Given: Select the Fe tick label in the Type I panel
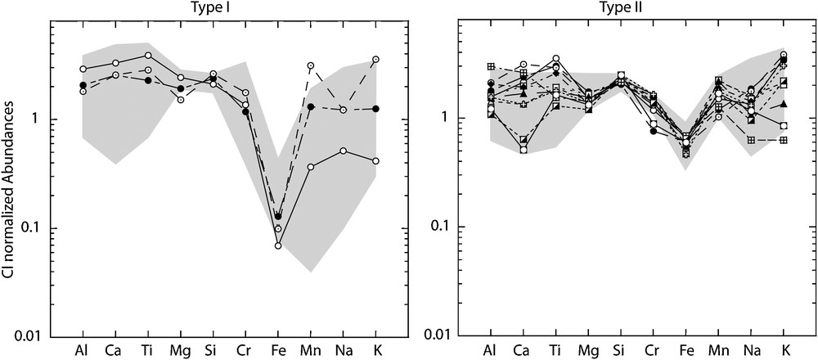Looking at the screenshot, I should coord(278,350).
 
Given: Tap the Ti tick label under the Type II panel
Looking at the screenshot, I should coord(555,350).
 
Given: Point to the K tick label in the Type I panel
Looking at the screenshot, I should coord(376,350).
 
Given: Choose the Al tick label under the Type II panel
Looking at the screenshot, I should coord(490,350).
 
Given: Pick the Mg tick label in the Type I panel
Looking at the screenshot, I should coord(181,350).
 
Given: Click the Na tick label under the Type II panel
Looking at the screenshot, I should coord(751,350).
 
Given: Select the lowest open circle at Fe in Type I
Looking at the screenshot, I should coord(278,245).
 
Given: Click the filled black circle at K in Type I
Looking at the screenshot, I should coord(376,108).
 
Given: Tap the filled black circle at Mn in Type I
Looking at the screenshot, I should coord(311,107).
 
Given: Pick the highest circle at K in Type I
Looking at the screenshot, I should coord(376,59).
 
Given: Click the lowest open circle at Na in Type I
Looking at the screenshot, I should coord(344,151).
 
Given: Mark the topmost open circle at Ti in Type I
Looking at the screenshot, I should coord(148,55).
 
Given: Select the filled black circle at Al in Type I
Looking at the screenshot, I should coord(83,85).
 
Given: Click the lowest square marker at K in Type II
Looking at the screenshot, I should coord(784,140).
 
